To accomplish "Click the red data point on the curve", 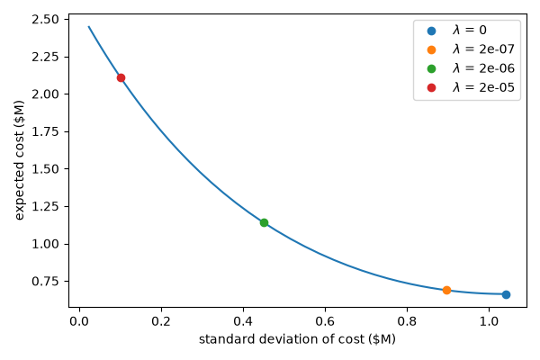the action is point(121,78).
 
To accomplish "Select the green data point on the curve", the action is point(264,222).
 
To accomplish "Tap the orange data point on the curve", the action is point(446,290).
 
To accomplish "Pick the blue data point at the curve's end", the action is point(506,294).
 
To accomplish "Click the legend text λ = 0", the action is point(470,30).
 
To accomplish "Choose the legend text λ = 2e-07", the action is point(483,49).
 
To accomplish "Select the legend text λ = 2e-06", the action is point(483,68).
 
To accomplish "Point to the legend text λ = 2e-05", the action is point(483,87).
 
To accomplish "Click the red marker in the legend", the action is point(431,88).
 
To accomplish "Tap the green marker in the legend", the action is point(431,69).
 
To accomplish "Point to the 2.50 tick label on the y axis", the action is point(45,19).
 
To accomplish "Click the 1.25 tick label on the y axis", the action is point(45,206).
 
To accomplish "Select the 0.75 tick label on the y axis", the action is point(45,281).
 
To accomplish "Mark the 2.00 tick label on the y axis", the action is point(45,94).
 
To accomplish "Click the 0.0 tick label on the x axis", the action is point(79,321).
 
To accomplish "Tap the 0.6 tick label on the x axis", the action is point(325,321).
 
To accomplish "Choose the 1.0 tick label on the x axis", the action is point(489,321).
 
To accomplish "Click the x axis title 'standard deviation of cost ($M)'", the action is point(297,339).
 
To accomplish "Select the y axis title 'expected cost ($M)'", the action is point(19,160).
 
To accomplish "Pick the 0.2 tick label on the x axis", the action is point(161,321).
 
